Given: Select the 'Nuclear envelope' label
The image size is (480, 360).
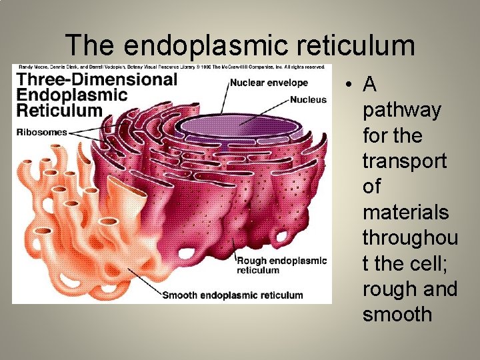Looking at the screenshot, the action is (x=269, y=83).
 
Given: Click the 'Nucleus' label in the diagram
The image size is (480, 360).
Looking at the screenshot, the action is (x=309, y=100).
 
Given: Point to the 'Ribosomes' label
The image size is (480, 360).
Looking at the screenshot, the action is (x=42, y=132).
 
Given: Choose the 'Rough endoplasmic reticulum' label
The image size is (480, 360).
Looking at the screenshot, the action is (x=282, y=265).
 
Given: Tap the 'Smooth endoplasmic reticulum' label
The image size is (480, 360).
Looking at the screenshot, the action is (x=232, y=295).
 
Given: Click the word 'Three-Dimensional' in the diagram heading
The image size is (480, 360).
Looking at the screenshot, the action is (x=97, y=80).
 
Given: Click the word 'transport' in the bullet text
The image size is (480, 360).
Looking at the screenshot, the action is (x=405, y=161).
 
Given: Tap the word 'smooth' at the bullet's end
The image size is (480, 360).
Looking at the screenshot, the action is (x=397, y=315).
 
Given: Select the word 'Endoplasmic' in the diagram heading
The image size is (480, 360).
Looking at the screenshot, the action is (x=72, y=95).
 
